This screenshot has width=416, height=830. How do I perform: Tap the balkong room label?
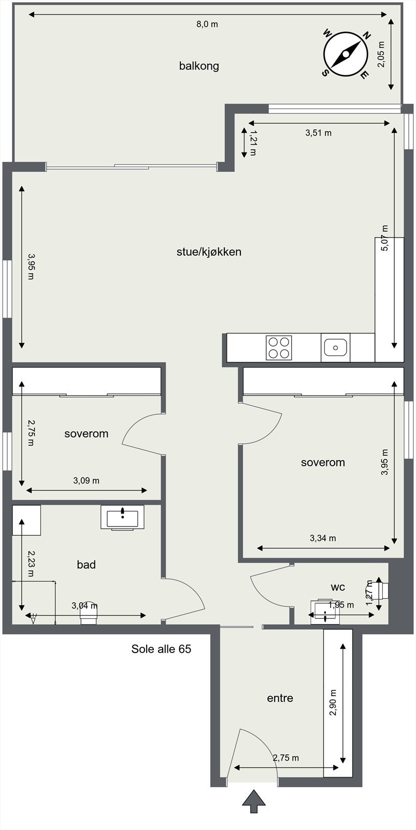point(199,66)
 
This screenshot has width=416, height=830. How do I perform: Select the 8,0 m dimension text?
point(207,24)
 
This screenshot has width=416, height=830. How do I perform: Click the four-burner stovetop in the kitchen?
point(279,348)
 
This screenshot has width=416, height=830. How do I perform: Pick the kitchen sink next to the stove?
point(335,347)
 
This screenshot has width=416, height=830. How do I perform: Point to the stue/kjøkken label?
point(209,252)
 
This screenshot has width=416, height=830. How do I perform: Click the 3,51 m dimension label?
point(318,133)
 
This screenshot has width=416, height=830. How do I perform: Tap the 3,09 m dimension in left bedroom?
point(86,481)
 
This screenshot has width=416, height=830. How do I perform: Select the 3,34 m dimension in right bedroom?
point(323,538)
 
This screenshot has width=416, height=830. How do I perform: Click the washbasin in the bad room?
point(122,518)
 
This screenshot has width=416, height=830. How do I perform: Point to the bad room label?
point(86,564)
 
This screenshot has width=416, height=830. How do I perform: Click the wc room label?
point(338,587)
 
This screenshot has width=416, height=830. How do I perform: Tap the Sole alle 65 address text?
point(161,649)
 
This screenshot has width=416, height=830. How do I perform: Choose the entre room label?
point(280,698)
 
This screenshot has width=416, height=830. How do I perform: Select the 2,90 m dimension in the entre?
point(333,703)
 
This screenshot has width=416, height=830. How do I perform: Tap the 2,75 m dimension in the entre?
point(286,758)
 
